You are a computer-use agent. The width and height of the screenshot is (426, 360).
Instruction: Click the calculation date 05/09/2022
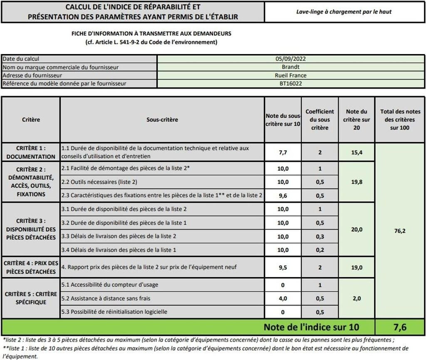(x=290, y=59)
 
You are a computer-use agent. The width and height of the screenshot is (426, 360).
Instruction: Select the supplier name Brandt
(x=290, y=67)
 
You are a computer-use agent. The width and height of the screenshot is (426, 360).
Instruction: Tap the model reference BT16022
(x=290, y=84)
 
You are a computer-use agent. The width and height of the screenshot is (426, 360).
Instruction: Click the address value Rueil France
(x=290, y=75)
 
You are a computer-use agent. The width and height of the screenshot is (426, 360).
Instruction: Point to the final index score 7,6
(x=399, y=327)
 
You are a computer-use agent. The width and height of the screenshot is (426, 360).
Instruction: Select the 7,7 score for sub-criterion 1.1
(x=283, y=152)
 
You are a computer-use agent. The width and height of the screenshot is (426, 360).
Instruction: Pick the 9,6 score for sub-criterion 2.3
(x=283, y=195)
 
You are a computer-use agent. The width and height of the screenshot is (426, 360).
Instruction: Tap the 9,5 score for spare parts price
(x=283, y=268)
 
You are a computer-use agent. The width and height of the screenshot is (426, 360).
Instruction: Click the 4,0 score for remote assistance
(x=283, y=298)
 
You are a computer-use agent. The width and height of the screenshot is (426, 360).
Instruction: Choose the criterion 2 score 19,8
(x=357, y=182)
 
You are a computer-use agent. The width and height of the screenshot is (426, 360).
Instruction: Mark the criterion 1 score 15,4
(x=357, y=152)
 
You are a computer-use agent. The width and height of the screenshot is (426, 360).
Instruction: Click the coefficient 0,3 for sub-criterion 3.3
(x=319, y=236)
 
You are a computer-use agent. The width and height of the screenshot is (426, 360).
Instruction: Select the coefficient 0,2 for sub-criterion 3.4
(x=319, y=250)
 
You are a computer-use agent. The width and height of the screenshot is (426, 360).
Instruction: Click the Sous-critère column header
(x=162, y=120)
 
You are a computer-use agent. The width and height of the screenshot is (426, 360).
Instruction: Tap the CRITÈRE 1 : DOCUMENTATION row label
(x=31, y=152)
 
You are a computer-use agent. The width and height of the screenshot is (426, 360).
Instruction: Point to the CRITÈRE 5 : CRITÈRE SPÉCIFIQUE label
(x=31, y=298)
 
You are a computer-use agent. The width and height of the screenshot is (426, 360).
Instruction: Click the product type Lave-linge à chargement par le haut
(x=344, y=12)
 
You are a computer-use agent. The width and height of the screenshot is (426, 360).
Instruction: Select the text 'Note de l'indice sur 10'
(x=311, y=327)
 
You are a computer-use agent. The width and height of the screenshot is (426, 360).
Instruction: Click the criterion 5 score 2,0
(x=357, y=298)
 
